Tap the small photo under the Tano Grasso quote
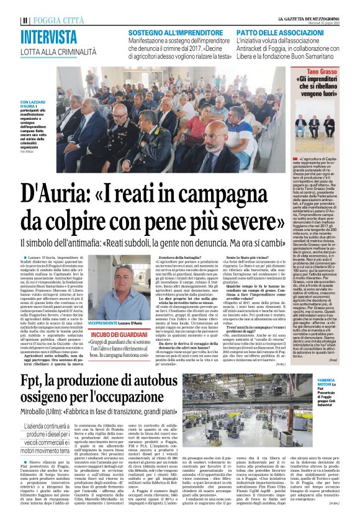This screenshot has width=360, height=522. point(322,125)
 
